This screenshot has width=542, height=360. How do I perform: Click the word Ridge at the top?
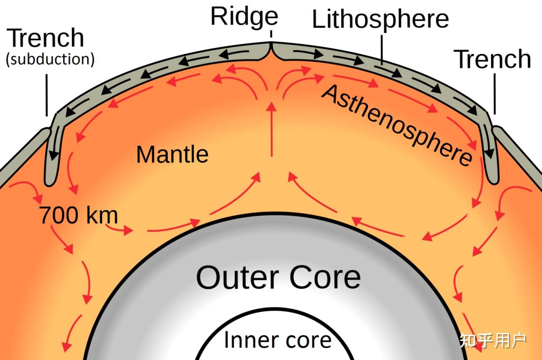(x=244, y=17)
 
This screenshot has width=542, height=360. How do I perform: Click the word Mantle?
(x=172, y=155)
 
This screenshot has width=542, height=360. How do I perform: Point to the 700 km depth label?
(x=78, y=215)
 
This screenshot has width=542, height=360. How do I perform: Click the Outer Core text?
(x=278, y=277)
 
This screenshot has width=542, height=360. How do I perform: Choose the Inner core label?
(x=278, y=340)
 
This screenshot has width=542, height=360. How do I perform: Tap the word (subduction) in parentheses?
(x=50, y=59)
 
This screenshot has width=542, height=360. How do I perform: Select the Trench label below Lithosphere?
(x=492, y=59)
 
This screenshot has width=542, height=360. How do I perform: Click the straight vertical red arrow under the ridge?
(x=272, y=129)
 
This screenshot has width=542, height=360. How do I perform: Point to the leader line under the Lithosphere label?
(x=382, y=50)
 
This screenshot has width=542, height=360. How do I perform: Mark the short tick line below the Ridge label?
(x=271, y=34)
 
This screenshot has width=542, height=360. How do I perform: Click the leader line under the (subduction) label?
(x=47, y=95)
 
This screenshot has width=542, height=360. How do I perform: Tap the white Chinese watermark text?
(x=493, y=341)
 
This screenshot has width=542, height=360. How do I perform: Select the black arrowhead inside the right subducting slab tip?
(x=489, y=153)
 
